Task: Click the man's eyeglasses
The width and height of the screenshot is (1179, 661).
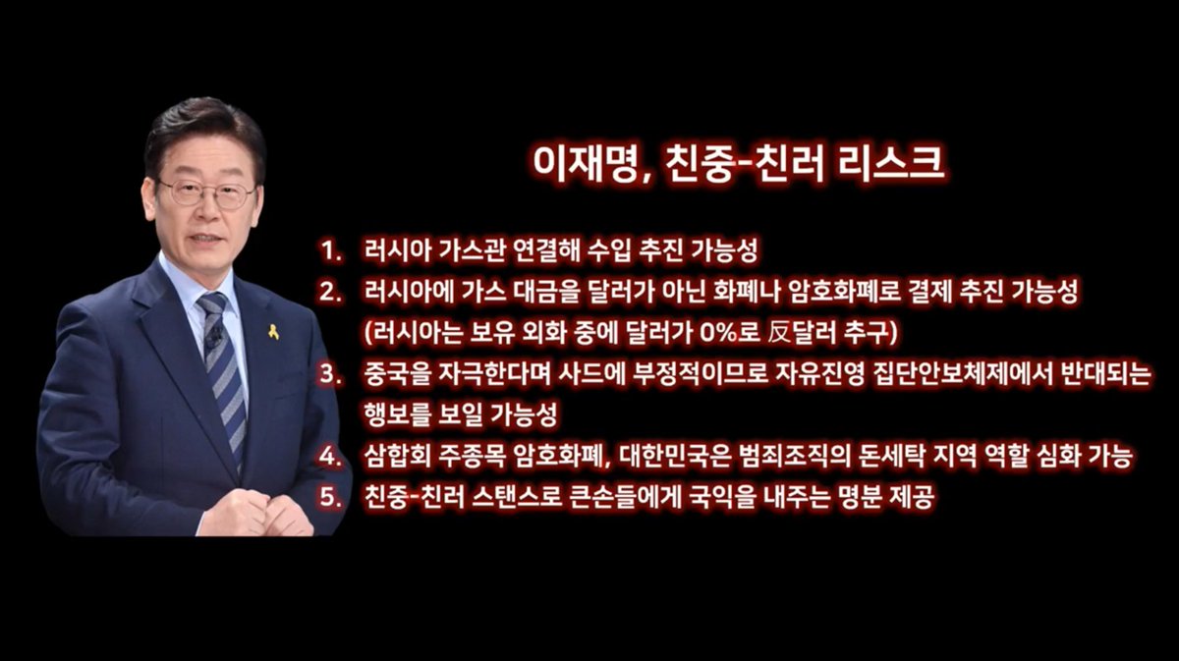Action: pos(206,193)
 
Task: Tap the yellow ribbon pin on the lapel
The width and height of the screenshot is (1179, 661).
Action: pos(273,331)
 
